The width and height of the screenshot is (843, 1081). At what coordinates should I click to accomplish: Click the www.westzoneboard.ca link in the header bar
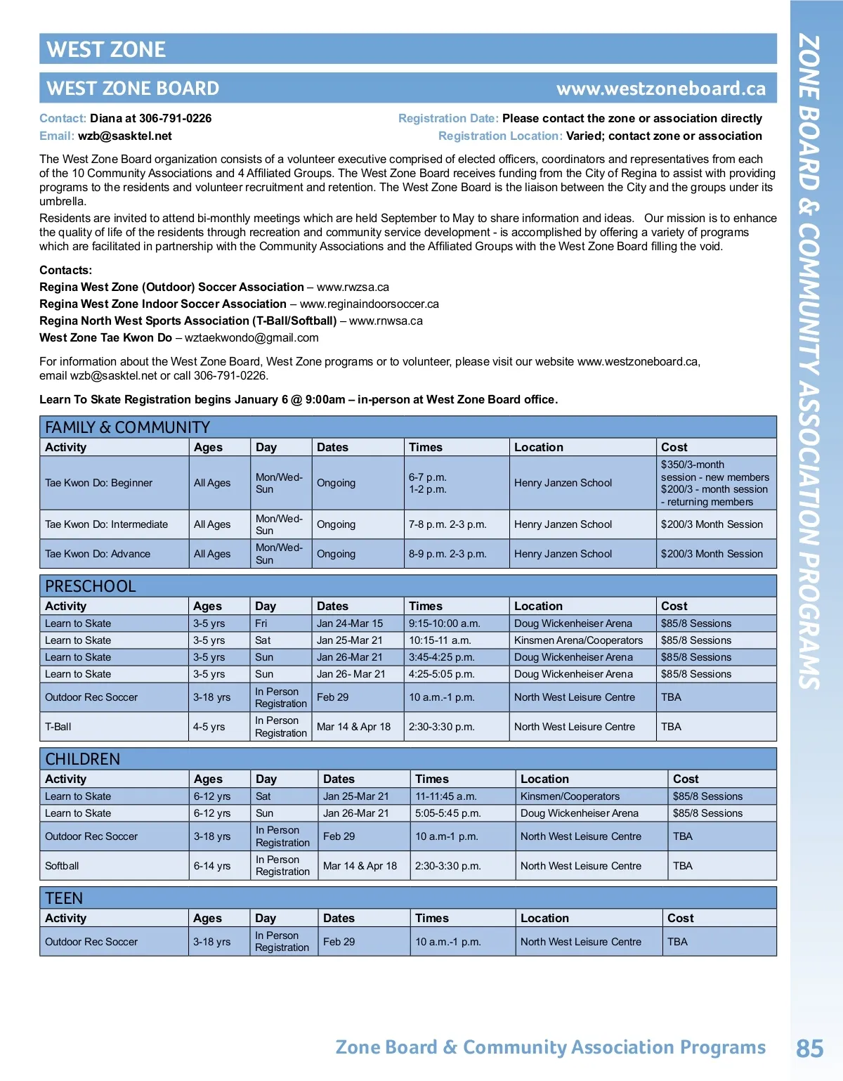click(x=660, y=89)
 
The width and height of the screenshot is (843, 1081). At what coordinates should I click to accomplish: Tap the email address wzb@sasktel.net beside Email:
click(x=124, y=136)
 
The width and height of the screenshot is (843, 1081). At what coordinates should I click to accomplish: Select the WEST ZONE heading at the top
click(x=106, y=49)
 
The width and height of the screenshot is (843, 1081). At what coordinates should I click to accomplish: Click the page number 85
click(x=809, y=1048)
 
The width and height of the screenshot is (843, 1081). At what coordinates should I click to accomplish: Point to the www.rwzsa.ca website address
click(x=353, y=287)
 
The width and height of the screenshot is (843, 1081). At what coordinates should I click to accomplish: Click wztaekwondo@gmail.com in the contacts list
click(x=251, y=338)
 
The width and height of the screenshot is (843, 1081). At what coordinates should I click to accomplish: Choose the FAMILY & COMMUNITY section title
click(x=127, y=427)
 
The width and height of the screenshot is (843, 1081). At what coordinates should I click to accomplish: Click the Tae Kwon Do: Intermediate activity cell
click(x=107, y=524)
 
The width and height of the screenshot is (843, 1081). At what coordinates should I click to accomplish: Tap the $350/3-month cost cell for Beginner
click(x=715, y=483)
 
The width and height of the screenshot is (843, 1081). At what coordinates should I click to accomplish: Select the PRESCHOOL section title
click(x=91, y=586)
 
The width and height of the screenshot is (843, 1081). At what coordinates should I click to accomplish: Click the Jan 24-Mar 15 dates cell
click(x=350, y=623)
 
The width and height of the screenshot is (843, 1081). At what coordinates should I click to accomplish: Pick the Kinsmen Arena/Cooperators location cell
click(x=578, y=640)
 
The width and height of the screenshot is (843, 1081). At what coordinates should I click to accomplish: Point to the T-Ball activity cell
click(x=58, y=727)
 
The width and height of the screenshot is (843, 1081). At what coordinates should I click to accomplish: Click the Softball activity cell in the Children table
click(x=62, y=866)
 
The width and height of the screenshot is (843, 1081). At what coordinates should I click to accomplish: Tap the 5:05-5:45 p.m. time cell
click(x=448, y=813)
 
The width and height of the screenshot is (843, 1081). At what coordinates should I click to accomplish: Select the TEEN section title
click(x=64, y=898)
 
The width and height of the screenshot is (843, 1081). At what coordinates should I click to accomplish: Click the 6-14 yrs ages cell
click(x=212, y=866)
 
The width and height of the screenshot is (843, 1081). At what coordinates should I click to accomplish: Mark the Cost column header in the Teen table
click(x=680, y=918)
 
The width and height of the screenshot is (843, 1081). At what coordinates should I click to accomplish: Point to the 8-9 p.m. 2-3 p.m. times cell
click(x=447, y=554)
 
